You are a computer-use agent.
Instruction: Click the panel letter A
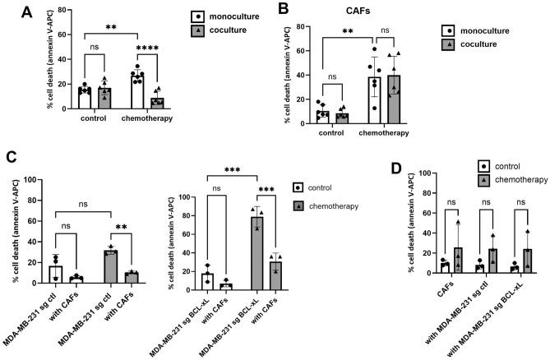[x=11, y=12]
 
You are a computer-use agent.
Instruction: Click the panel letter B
[x=282, y=11]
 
